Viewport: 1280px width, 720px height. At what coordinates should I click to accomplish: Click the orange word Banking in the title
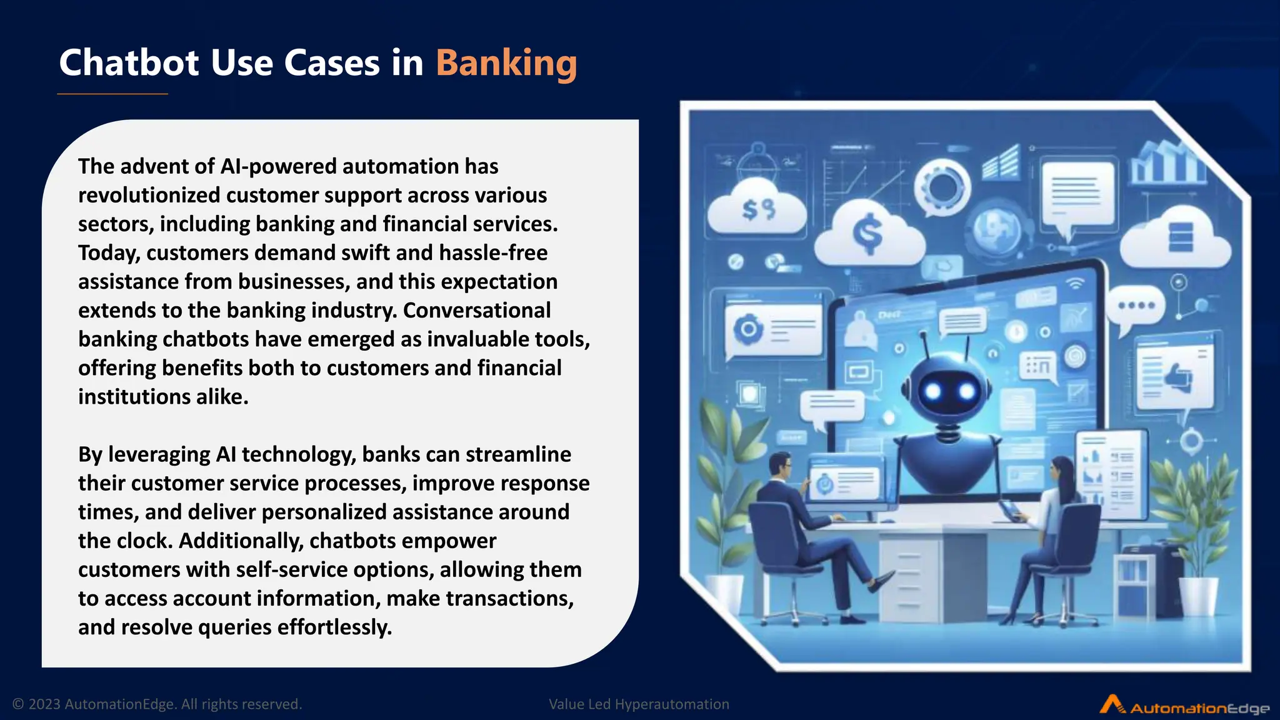(x=506, y=63)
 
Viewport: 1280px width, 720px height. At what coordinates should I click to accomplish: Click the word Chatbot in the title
(x=129, y=63)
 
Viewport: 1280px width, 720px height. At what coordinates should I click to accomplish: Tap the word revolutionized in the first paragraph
(x=149, y=195)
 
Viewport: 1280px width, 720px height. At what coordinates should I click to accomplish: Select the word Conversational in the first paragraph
(x=477, y=310)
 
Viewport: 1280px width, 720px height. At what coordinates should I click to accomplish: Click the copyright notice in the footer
(x=157, y=704)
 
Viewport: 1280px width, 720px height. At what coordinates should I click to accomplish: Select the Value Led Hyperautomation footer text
(x=639, y=704)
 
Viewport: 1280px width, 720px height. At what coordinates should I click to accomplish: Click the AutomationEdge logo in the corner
(x=1184, y=706)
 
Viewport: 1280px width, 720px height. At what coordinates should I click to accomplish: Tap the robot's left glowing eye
(x=933, y=392)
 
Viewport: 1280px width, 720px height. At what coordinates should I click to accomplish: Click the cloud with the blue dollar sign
(x=869, y=235)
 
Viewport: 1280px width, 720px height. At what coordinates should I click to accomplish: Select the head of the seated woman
(x=1063, y=468)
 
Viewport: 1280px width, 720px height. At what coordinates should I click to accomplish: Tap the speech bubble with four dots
(x=1136, y=307)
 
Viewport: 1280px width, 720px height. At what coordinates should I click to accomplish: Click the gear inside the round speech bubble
(x=942, y=187)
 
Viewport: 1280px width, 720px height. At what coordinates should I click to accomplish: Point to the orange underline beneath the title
(x=112, y=94)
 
